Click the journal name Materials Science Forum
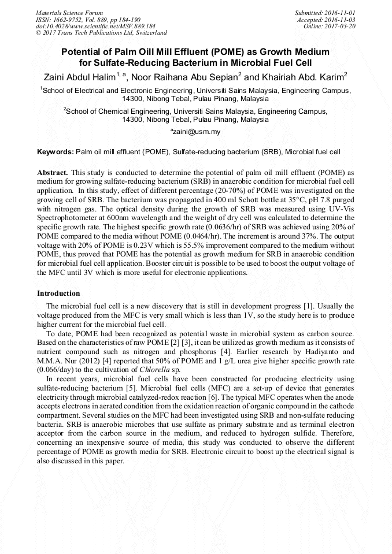click(x=69, y=12)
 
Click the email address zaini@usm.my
click(x=196, y=132)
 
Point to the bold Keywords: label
click(x=56, y=152)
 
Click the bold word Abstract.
click(x=53, y=173)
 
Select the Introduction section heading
click(x=58, y=293)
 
